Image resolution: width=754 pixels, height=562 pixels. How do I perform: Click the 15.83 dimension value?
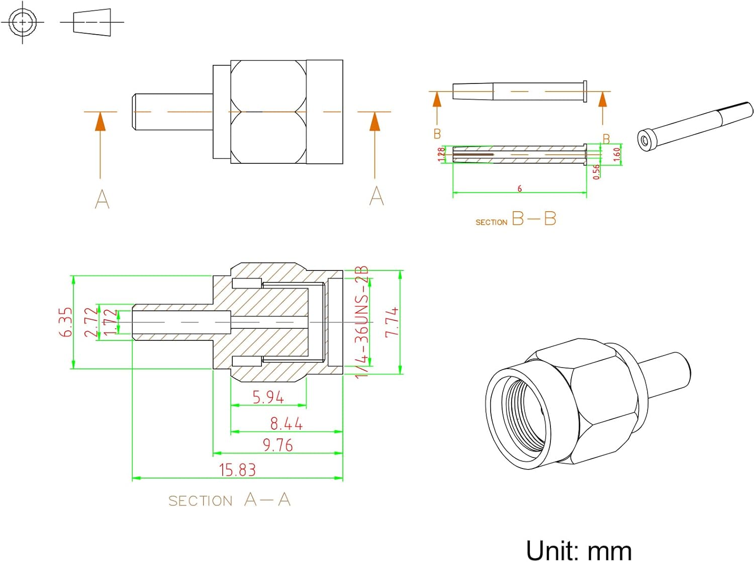pyautogui.click(x=237, y=470)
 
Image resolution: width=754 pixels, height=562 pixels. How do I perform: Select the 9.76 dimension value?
pyautogui.click(x=277, y=445)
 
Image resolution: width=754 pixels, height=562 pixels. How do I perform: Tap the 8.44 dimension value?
pyautogui.click(x=286, y=424)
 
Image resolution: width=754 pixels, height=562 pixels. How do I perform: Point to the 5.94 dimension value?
pyautogui.click(x=268, y=397)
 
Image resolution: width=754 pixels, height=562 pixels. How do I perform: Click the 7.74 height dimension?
pyautogui.click(x=392, y=322)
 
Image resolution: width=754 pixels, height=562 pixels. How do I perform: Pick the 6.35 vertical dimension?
pyautogui.click(x=66, y=322)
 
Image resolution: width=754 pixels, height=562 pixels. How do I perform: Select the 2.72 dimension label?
pyautogui.click(x=90, y=322)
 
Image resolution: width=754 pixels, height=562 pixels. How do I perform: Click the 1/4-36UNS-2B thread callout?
pyautogui.click(x=362, y=322)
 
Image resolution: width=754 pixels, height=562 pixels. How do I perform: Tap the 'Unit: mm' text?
pyautogui.click(x=579, y=550)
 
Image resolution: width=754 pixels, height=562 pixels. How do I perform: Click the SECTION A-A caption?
pyautogui.click(x=229, y=500)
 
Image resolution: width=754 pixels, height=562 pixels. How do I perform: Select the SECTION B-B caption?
pyautogui.click(x=516, y=219)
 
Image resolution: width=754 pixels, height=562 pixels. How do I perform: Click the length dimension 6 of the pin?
pyautogui.click(x=520, y=189)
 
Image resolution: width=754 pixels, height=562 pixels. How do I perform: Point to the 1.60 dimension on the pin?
pyautogui.click(x=617, y=154)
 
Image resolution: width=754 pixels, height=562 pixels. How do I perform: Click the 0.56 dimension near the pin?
pyautogui.click(x=596, y=171)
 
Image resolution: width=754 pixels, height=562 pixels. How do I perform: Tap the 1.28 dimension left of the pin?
pyautogui.click(x=441, y=154)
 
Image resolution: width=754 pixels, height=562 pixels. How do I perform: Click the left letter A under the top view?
pyautogui.click(x=102, y=199)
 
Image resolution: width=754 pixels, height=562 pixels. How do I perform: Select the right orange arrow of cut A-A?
pyautogui.click(x=374, y=122)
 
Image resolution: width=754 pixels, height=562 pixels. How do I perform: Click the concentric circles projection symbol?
pyautogui.click(x=23, y=22)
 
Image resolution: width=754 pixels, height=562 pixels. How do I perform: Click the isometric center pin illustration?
pyautogui.click(x=695, y=126)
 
